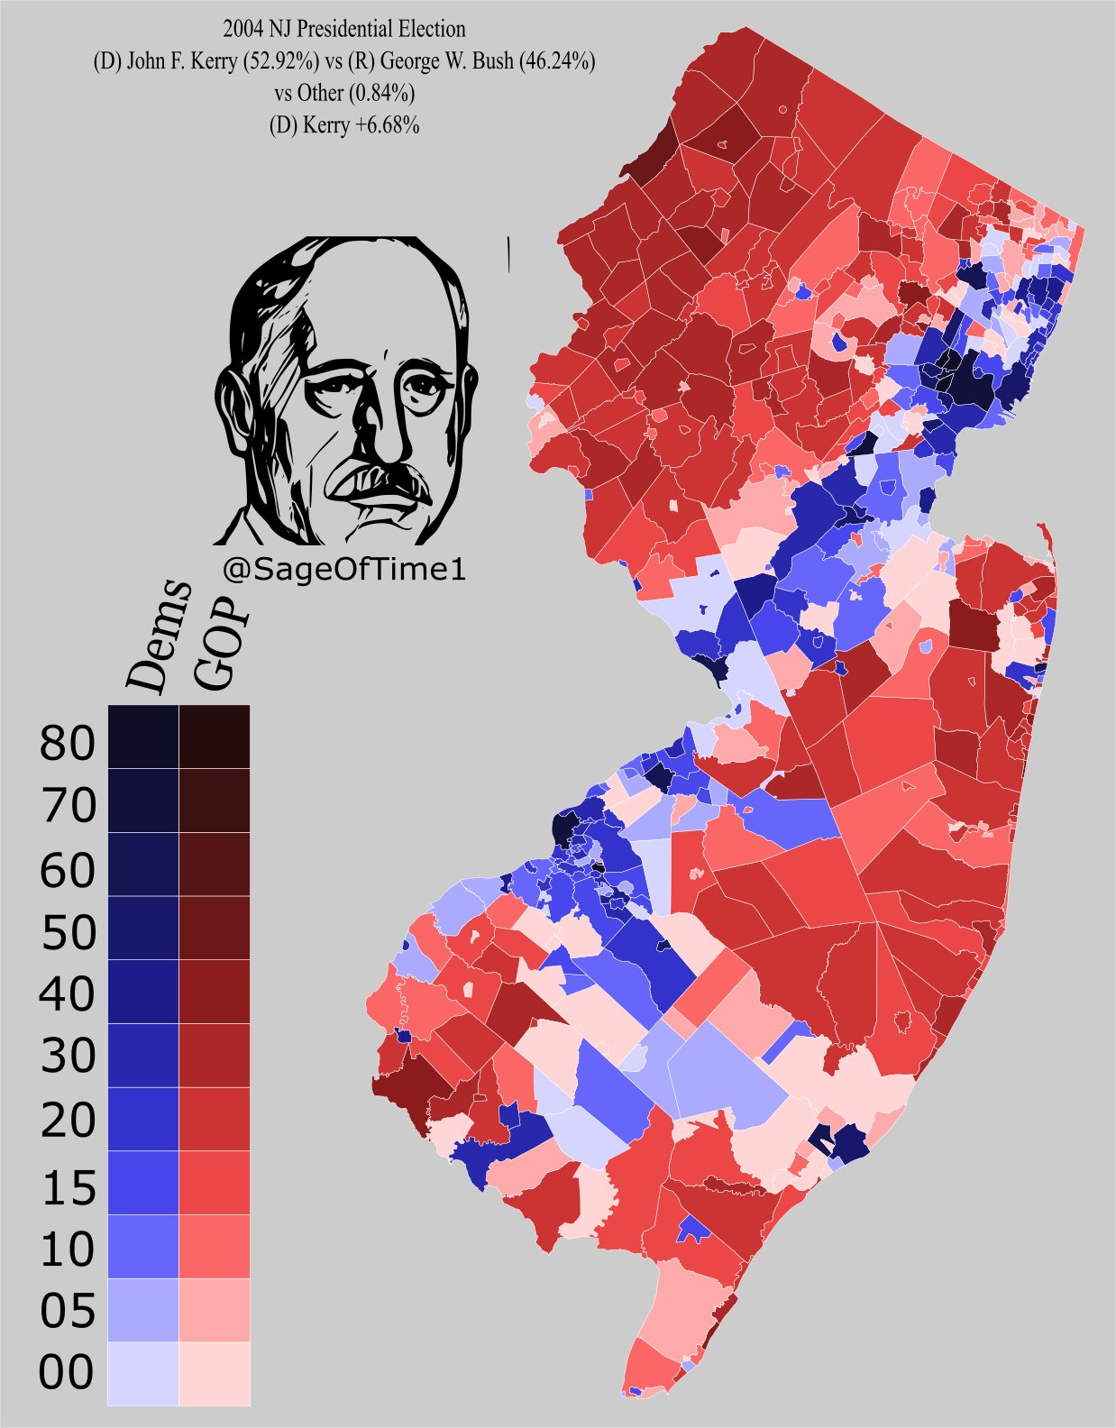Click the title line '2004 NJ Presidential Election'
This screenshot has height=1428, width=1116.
[344, 29]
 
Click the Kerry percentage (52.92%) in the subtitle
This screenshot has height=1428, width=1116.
[275, 61]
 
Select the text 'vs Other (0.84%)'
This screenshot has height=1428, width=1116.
[344, 93]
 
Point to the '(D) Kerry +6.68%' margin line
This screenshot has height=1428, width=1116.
[344, 125]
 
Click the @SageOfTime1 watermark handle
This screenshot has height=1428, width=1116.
[343, 570]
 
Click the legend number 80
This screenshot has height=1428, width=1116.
[67, 744]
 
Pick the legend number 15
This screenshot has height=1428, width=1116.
[67, 1189]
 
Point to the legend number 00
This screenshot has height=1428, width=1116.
[67, 1372]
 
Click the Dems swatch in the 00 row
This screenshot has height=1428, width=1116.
[143, 1372]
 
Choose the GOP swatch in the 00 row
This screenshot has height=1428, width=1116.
[215, 1372]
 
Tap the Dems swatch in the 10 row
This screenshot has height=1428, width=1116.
[143, 1246]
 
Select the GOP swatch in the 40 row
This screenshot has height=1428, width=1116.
[215, 991]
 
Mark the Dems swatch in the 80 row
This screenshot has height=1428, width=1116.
[143, 737]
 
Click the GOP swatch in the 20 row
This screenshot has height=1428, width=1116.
[215, 1119]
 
